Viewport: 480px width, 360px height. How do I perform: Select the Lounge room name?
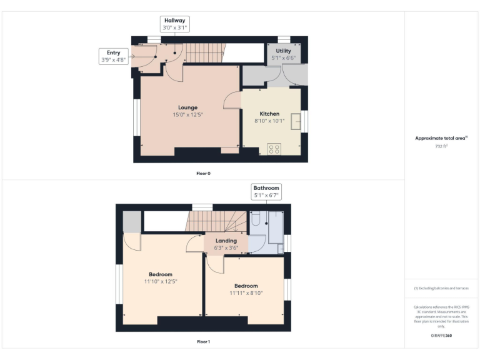pos(187,107)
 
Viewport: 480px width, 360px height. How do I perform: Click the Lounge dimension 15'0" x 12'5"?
pos(187,115)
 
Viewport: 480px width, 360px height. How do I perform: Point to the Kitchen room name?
pos(269,114)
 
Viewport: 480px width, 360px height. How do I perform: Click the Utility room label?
pos(283,51)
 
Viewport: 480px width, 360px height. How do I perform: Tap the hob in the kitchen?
pos(274,149)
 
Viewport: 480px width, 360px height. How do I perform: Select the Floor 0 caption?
pos(203,173)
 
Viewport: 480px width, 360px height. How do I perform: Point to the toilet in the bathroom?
pos(254,219)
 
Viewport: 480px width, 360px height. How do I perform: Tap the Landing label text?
pos(226,241)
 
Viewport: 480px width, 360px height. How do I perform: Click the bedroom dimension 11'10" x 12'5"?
pos(160,282)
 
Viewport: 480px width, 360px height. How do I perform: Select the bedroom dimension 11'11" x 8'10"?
pos(246,294)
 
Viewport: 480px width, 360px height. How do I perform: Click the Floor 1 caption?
pos(203,342)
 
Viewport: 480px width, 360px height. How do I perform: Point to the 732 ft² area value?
pos(441,146)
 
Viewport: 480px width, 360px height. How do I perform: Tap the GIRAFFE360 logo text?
pos(441,336)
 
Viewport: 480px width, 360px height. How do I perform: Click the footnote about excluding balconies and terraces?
pos(441,288)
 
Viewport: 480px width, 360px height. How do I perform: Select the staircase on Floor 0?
pos(206,53)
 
